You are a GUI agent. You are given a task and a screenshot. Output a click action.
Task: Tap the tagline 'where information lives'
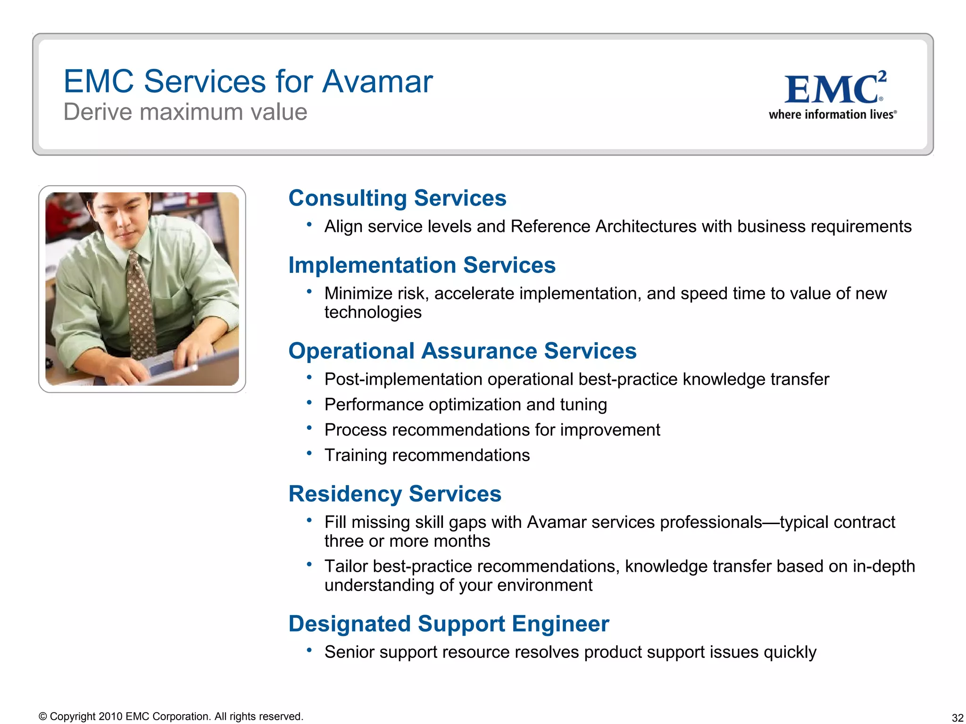point(832,115)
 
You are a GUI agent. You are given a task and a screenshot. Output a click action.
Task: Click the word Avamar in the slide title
point(377,82)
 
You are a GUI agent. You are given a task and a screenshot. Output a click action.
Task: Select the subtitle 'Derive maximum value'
point(185,112)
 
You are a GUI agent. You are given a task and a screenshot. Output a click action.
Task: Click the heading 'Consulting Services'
point(397,198)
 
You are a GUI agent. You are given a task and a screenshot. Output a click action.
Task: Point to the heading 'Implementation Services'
point(422,265)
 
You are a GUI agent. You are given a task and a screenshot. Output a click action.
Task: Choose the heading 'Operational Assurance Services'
point(462,351)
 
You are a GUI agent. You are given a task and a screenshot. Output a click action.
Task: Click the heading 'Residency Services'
point(395,494)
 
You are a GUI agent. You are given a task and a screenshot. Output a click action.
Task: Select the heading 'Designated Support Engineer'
point(449,624)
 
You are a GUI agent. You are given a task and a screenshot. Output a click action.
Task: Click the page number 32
point(957,717)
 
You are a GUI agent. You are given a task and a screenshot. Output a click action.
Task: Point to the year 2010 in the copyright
point(110,716)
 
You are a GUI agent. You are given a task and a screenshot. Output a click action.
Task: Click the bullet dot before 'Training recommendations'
point(309,453)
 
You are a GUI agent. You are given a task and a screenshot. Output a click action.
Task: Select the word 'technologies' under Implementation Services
point(373,313)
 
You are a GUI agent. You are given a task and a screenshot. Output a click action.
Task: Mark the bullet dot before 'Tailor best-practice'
point(309,564)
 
